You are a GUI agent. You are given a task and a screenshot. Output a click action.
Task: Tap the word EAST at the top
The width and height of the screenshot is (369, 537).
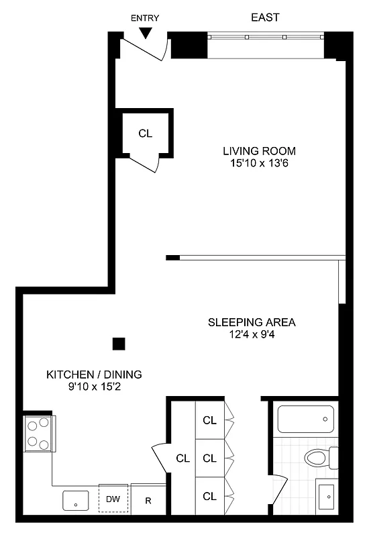[x=265, y=17]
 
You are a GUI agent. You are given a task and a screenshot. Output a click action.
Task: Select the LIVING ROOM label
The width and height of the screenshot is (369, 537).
[x=259, y=150]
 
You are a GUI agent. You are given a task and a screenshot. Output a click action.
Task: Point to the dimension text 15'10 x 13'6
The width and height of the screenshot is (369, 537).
[x=259, y=163]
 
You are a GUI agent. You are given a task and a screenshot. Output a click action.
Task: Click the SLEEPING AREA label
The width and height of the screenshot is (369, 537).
[x=251, y=322]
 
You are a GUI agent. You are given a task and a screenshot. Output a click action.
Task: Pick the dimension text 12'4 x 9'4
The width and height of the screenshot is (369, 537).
[x=251, y=335]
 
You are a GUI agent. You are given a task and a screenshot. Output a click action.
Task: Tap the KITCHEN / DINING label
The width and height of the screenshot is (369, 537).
[x=94, y=375]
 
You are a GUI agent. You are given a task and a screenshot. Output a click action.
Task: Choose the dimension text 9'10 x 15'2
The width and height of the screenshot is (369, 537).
[x=94, y=387]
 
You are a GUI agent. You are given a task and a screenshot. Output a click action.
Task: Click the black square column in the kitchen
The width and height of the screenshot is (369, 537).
[x=119, y=344]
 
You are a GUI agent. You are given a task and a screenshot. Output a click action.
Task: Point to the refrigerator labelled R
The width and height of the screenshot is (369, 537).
[x=148, y=500]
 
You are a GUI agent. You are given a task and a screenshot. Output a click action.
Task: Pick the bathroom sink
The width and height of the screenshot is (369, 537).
[x=327, y=497]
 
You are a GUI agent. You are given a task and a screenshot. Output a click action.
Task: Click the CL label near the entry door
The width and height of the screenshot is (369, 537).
[x=146, y=133]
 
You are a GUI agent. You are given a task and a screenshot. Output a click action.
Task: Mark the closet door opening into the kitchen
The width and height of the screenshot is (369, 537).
[x=161, y=459]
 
